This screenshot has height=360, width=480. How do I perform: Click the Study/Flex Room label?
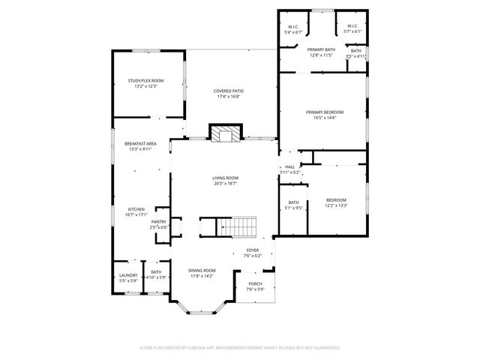point(145,80)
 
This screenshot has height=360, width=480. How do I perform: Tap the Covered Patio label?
point(229,91)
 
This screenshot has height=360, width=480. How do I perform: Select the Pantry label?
point(159,222)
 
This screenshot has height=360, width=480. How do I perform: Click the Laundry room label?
point(128,275)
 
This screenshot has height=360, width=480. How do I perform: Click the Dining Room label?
point(202,270)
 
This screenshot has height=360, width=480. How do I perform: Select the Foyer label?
point(253,250)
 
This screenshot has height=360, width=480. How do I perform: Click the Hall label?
point(289,167)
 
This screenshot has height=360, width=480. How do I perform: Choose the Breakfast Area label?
point(140,143)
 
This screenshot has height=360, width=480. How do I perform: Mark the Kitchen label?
point(136,209)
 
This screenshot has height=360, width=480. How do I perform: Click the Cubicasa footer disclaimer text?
point(240,348)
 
